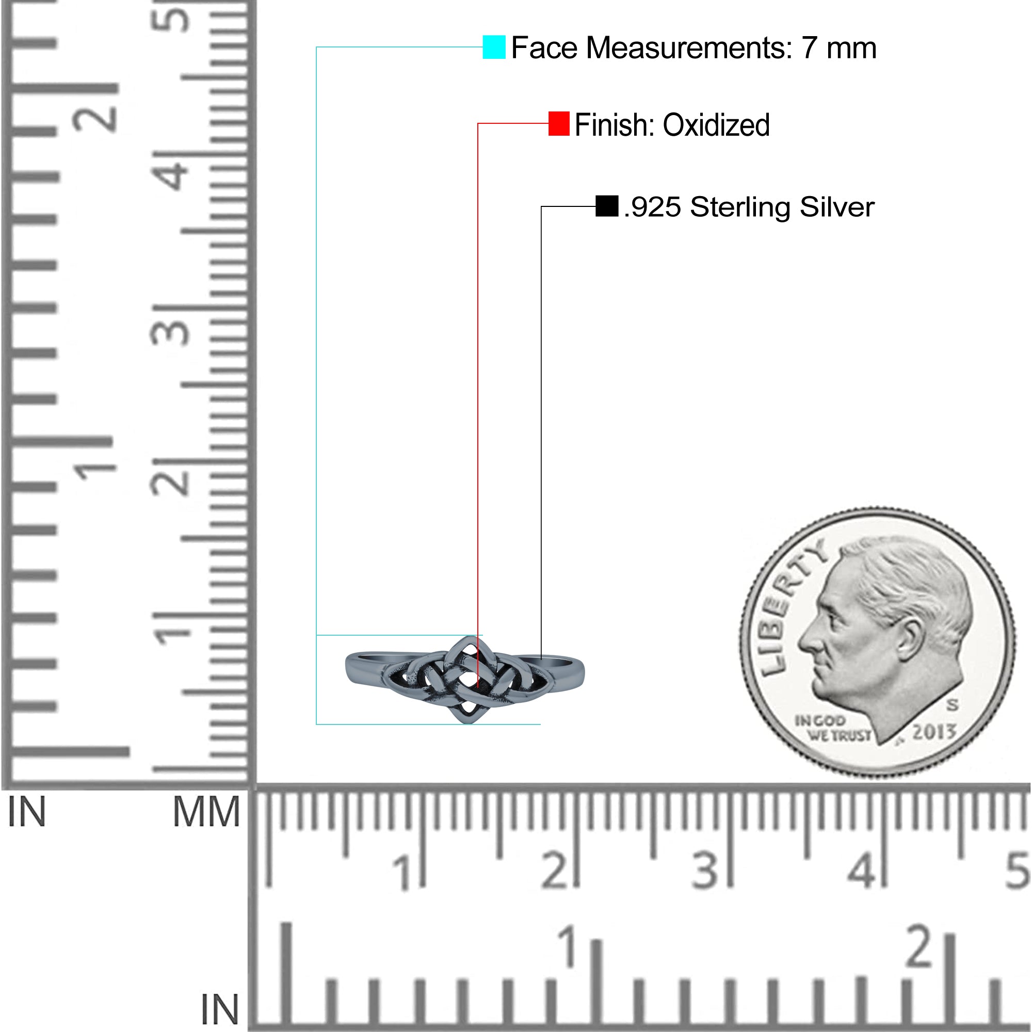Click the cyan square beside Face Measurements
pos(494,47)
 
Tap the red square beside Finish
pos(559,124)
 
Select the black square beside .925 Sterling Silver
pos(607,206)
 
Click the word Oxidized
pos(716,125)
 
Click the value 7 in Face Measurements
pos(809,48)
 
